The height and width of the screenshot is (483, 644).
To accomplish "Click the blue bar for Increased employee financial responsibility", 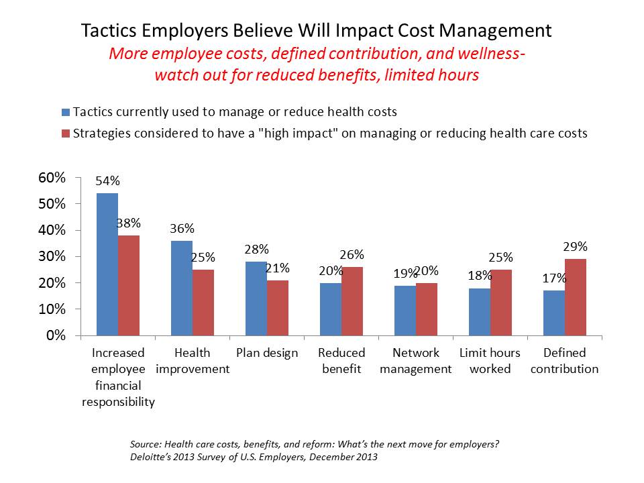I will pos(107,264).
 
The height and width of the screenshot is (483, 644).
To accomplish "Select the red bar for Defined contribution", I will pos(576,297).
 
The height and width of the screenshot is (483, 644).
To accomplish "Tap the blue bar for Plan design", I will pos(256,299).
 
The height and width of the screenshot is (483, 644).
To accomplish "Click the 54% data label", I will pos(107,181).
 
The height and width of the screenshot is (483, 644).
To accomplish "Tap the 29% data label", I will pos(576,246).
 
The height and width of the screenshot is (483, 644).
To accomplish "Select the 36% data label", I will pos(182,228).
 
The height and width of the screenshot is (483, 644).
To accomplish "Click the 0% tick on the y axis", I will pos(55,335).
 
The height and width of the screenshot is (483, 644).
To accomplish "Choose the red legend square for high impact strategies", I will pos(65,133).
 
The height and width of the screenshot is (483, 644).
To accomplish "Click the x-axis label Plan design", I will pos(267,353).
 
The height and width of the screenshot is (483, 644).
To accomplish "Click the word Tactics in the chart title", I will pos(106,31).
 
